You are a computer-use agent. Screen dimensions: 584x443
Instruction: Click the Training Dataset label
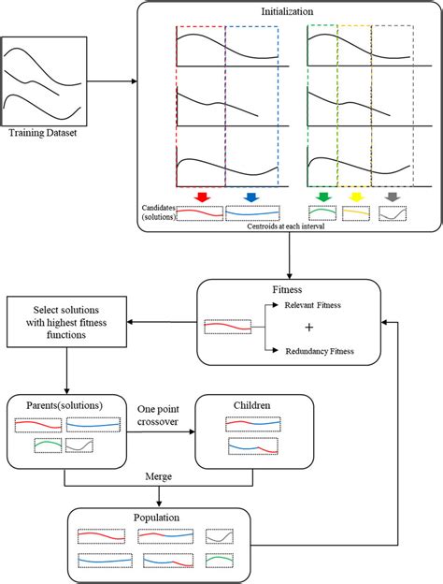pos(41,135)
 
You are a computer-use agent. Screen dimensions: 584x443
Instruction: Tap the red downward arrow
pos(201,197)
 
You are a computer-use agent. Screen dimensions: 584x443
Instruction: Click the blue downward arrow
pos(250,197)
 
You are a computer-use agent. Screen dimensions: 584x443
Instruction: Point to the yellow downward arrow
pos(355,197)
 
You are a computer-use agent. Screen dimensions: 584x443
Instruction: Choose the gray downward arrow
pos(392,197)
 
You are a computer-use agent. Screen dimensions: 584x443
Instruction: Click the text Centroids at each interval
pos(280,226)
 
